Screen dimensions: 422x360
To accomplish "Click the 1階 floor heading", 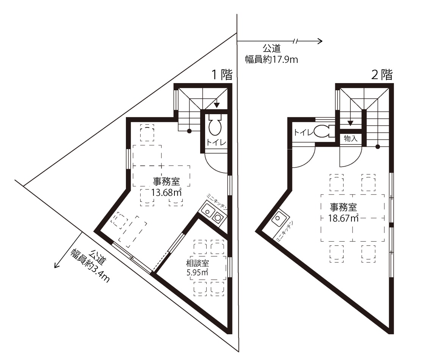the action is (x=222, y=75).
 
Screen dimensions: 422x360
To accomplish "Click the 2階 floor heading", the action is (x=382, y=75).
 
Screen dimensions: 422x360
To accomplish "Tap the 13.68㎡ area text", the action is (x=166, y=193).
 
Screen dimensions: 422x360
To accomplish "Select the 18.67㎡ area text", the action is (x=344, y=218).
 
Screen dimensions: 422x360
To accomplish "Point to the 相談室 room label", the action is (x=197, y=263).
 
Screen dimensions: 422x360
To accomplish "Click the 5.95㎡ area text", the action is (x=197, y=272).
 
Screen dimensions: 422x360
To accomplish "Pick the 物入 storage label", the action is (x=351, y=139).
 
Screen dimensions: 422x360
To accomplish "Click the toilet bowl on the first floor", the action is (x=215, y=125).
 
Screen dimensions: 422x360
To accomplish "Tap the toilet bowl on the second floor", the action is (x=324, y=131).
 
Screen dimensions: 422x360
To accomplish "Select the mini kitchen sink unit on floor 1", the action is (x=213, y=214).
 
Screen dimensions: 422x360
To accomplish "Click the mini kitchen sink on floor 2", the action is (x=279, y=219).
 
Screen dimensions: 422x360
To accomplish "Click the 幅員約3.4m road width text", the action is (x=90, y=265).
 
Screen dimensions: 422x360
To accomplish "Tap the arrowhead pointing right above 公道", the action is (x=320, y=41).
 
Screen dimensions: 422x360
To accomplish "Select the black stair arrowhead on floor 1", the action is (x=216, y=105).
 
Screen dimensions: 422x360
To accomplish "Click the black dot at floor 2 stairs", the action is (x=378, y=147).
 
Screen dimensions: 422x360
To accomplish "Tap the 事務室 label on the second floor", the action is (x=344, y=208).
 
